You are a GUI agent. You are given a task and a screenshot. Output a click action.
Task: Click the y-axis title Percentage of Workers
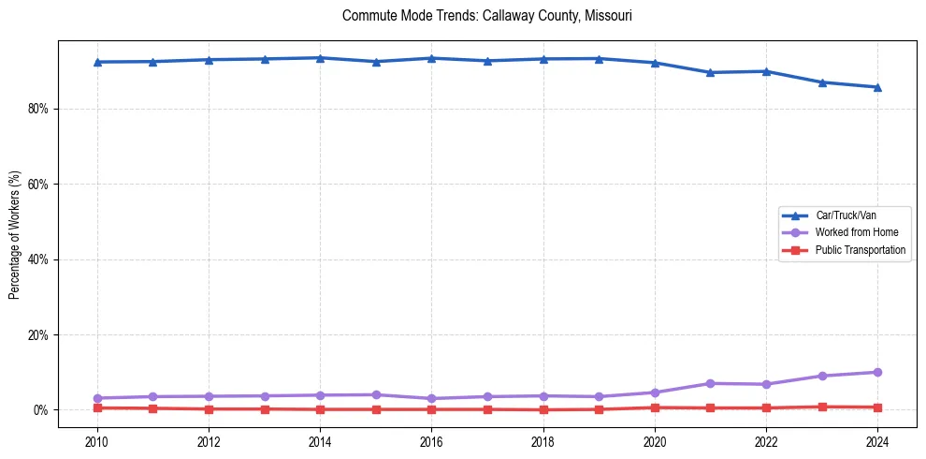point(14,234)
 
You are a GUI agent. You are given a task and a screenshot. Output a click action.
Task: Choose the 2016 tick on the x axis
point(431,442)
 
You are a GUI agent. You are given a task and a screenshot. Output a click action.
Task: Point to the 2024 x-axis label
point(877,442)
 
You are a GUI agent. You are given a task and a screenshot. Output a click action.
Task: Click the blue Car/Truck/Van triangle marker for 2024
point(877,87)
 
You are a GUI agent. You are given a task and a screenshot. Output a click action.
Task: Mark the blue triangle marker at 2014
point(320,58)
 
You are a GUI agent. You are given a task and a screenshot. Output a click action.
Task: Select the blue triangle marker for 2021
point(710,72)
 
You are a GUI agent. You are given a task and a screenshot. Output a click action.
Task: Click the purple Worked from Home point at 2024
point(877,372)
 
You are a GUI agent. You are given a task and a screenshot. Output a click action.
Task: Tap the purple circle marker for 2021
point(710,383)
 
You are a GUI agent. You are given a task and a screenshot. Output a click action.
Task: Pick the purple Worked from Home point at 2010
point(97,398)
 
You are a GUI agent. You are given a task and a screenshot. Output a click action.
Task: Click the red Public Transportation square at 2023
point(822,407)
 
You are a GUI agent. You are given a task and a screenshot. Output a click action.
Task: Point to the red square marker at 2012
point(209,409)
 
